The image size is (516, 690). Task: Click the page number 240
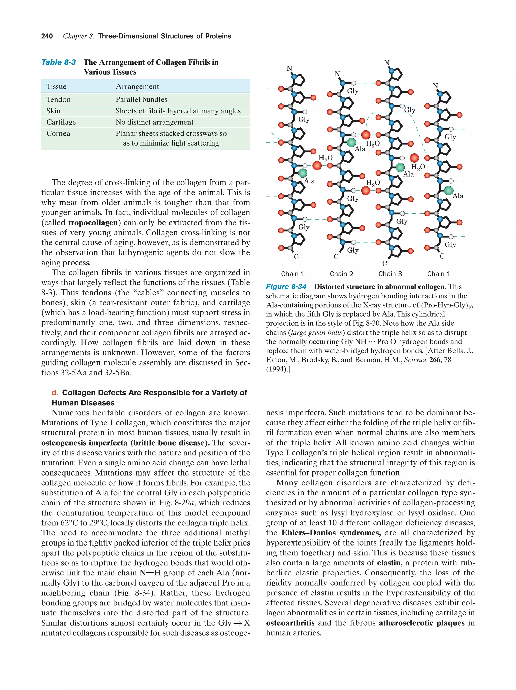pos(47,36)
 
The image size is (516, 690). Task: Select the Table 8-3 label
pos(58,62)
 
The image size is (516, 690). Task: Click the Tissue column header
pos(56,86)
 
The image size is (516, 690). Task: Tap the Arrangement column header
pos(137,86)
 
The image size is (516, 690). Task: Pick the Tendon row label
pos(58,99)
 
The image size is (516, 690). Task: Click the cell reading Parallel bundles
pos(141,99)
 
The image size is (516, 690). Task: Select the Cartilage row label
pos(61,122)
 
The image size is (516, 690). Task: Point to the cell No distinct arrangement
pos(154,122)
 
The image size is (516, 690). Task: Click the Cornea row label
pos(58,133)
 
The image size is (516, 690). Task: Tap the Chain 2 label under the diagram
pos(341,274)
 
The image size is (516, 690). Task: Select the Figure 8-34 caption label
pos(286,287)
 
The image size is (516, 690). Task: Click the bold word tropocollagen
pos(93,223)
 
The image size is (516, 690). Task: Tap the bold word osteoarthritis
pos(290,623)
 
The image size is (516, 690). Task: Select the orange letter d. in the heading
pos(55,393)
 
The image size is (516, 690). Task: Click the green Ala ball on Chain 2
pos(351,142)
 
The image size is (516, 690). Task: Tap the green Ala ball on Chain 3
pos(400,167)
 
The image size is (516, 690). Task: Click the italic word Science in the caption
pos(415,360)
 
